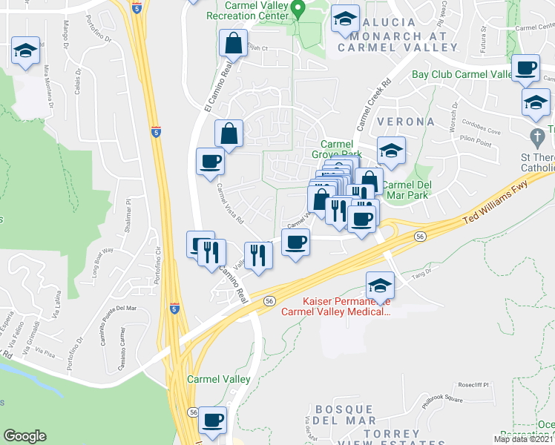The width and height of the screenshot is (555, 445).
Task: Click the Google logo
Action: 25,436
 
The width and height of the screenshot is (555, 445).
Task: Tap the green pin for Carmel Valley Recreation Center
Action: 298,10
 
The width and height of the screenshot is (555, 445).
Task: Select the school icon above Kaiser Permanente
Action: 380,286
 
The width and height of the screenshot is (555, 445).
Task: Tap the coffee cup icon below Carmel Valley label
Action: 212,419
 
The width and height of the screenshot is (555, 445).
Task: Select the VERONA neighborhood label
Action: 405,121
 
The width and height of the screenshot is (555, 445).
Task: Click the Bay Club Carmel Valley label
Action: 462,74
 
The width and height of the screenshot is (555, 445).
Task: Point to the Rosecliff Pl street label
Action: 474,385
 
